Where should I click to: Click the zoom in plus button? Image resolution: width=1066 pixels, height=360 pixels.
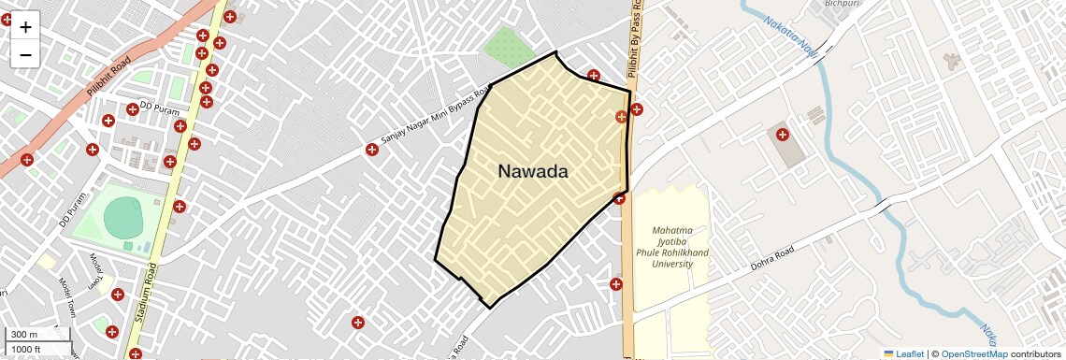tap(25, 27)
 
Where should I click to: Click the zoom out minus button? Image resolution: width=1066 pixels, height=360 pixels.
tap(25, 54)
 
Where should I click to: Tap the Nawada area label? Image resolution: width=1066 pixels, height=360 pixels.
tap(533, 172)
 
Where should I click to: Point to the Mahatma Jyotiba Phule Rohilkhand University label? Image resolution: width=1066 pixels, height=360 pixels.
tap(672, 247)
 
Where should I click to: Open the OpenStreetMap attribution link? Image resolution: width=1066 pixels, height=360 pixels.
tap(973, 353)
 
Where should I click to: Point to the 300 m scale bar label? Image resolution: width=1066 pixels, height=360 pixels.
tap(24, 335)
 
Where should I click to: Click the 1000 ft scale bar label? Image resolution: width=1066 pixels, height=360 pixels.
tap(28, 349)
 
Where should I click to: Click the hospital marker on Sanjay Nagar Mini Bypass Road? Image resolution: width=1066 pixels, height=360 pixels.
tap(372, 150)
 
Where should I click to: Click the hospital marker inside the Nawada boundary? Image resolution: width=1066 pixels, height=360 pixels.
tap(621, 117)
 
